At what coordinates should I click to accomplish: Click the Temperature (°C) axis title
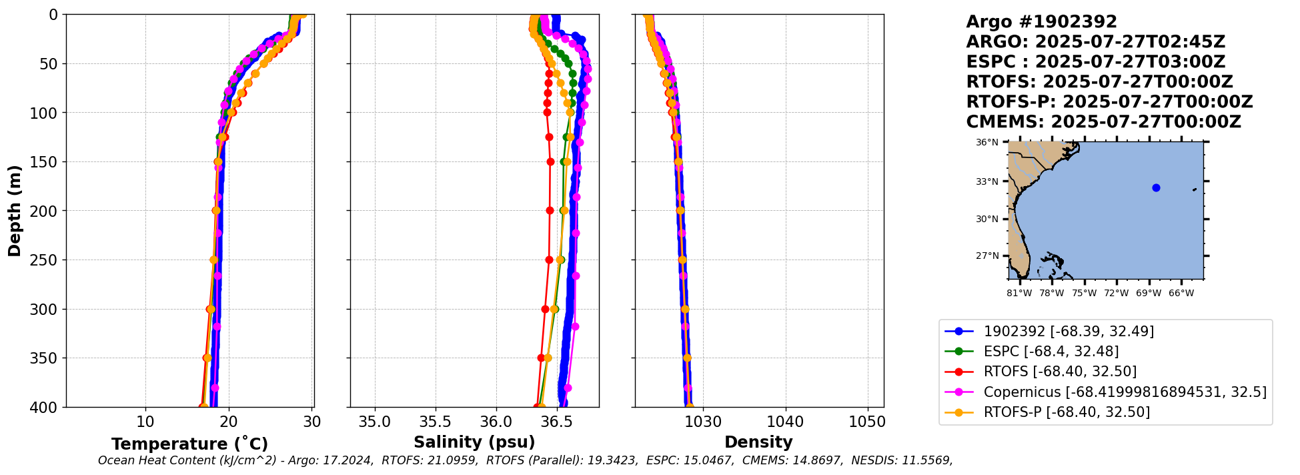(x=189, y=444)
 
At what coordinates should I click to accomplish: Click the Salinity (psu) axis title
(x=474, y=442)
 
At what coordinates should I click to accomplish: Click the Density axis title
(x=758, y=442)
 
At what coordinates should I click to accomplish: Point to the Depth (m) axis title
(x=14, y=211)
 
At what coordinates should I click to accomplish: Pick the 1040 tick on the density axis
(x=785, y=422)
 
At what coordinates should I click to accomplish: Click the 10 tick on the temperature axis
(x=145, y=422)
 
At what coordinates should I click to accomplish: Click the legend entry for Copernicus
(x=1124, y=392)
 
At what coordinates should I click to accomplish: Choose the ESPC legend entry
(x=1051, y=351)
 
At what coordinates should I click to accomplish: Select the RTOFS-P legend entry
(x=1066, y=412)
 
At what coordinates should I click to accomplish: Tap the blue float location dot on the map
(x=1156, y=187)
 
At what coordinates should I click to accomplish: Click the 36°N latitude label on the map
(x=987, y=143)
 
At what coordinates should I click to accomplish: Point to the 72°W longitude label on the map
(x=1117, y=293)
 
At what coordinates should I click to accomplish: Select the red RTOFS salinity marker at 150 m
(x=550, y=161)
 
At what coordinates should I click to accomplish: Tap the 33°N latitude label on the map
(x=987, y=181)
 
